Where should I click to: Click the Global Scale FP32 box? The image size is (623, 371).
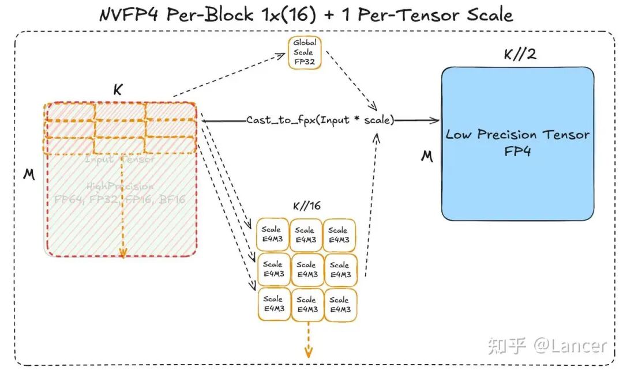pyautogui.click(x=304, y=52)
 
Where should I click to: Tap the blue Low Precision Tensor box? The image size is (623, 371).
pyautogui.click(x=517, y=143)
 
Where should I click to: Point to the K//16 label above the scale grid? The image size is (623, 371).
pyautogui.click(x=307, y=206)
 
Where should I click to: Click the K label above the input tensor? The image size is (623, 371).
pyautogui.click(x=118, y=90)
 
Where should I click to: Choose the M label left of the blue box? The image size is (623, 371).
pyautogui.click(x=426, y=156)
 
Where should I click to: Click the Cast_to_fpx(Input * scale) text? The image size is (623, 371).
pyautogui.click(x=320, y=120)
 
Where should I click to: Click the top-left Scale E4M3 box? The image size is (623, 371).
pyautogui.click(x=272, y=234)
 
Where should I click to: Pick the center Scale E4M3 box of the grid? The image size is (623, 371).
pyautogui.click(x=307, y=270)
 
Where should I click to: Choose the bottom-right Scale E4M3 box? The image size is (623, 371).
pyautogui.click(x=340, y=305)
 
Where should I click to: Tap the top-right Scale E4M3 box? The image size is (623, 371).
pyautogui.click(x=339, y=234)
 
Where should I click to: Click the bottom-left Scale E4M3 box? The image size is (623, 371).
pyautogui.click(x=273, y=305)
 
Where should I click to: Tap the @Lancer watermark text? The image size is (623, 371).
pyautogui.click(x=570, y=346)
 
